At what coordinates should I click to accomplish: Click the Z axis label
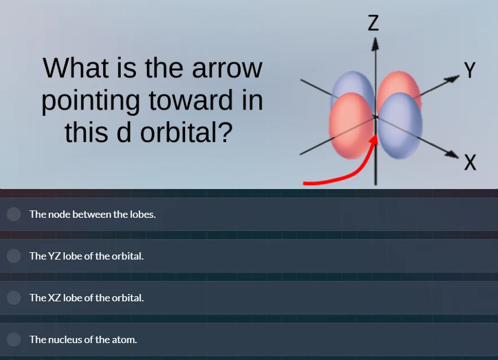373,22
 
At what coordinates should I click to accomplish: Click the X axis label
470,163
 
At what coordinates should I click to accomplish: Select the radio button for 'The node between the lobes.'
14,214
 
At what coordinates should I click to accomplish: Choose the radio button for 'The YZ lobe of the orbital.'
14,256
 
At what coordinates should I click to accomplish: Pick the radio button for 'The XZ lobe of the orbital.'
14,298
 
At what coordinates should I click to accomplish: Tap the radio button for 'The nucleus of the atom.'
14,340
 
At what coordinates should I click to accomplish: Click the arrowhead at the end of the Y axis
454,78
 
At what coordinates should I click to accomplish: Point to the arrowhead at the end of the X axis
454,154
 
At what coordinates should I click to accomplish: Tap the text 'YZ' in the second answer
55,256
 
